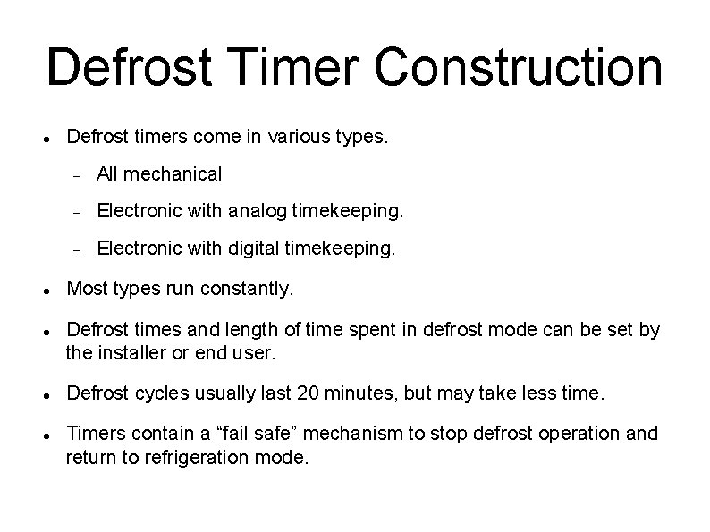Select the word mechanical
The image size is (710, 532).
173,173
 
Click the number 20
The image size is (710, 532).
311,393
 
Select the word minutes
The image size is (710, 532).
360,393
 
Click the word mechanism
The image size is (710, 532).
369,434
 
